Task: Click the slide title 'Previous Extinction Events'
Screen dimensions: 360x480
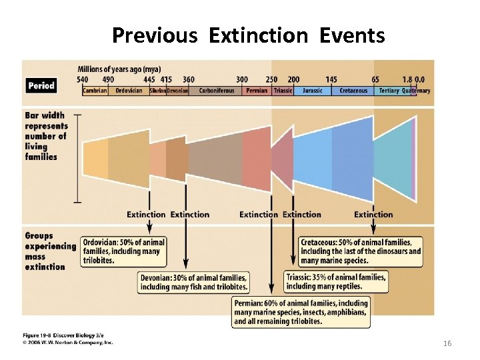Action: tap(248, 35)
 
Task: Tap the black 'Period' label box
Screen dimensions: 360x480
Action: tap(41, 85)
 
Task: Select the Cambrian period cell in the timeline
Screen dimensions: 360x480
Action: tap(95, 91)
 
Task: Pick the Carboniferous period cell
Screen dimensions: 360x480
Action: tap(217, 91)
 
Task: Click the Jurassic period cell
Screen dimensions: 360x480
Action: tap(312, 91)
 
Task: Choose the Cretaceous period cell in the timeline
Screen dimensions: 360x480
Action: tap(353, 91)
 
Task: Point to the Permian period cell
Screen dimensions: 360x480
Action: tap(257, 91)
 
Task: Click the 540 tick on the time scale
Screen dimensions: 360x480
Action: tap(83, 80)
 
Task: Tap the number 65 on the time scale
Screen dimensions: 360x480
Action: tap(375, 80)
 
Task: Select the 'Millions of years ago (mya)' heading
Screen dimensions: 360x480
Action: tap(119, 69)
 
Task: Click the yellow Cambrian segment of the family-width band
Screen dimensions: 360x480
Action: tap(95, 159)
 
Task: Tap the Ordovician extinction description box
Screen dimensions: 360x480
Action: tap(123, 251)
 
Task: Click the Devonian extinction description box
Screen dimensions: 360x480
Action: tap(194, 282)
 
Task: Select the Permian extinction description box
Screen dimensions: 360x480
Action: tap(301, 311)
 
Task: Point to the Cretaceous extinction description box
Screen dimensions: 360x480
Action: tap(361, 251)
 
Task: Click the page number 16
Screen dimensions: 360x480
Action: tap(447, 343)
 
